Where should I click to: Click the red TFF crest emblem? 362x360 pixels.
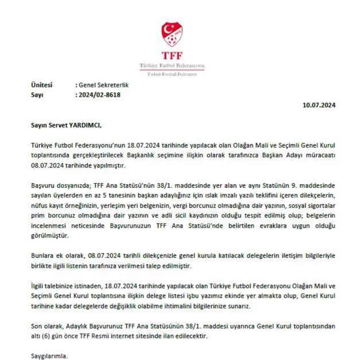click(x=172, y=34)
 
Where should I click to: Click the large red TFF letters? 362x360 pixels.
click(x=172, y=56)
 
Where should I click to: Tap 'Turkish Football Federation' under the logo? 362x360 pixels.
click(x=172, y=74)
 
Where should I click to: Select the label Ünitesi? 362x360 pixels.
click(x=41, y=86)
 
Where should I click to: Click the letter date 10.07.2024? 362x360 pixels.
click(x=320, y=104)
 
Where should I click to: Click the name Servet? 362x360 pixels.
click(x=59, y=123)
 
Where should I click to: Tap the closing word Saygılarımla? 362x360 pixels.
click(x=49, y=356)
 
